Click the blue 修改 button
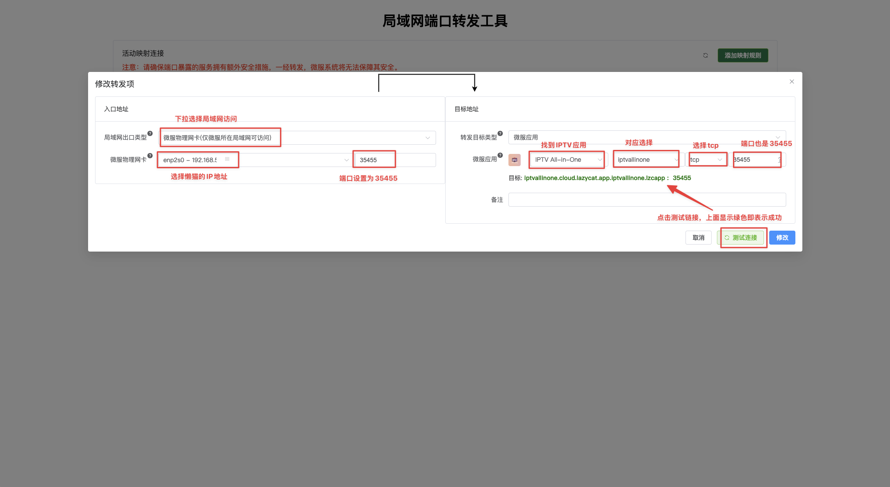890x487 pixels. click(x=782, y=238)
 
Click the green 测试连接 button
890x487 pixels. click(x=740, y=238)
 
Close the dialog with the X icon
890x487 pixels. click(x=792, y=82)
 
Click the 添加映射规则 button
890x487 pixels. click(x=743, y=55)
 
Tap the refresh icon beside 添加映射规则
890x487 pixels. click(x=706, y=55)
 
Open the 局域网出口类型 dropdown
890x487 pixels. click(x=297, y=138)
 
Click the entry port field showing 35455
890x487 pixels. click(x=395, y=160)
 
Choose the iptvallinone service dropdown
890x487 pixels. click(x=646, y=160)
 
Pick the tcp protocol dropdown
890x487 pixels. click(x=706, y=160)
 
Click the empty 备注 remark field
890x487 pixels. click(x=647, y=200)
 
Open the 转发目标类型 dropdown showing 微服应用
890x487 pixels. click(x=647, y=137)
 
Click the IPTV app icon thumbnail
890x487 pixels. click(x=515, y=160)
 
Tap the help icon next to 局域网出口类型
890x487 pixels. click(x=150, y=133)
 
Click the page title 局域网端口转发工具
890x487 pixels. click(x=445, y=21)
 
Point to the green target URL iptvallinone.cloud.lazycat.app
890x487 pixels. click(x=595, y=178)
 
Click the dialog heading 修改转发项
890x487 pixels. click(x=115, y=84)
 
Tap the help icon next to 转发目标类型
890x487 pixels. click(x=500, y=133)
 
